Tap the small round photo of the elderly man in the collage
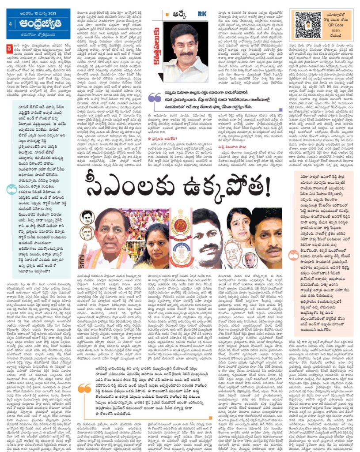pos(250,260)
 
